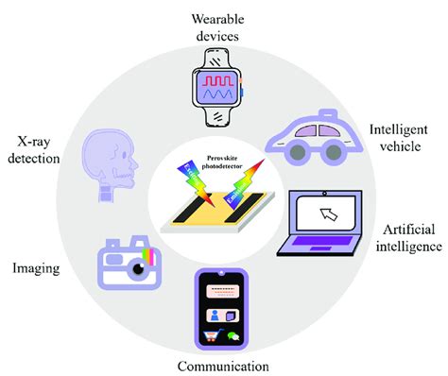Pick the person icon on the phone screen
click(x=213, y=314)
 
